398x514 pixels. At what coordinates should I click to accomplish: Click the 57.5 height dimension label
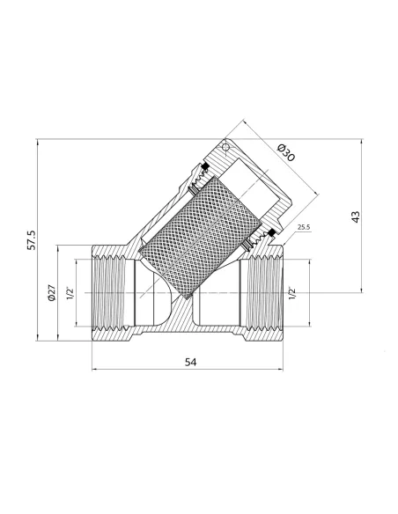pos(32,240)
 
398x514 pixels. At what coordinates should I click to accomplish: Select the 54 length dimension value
pos(191,363)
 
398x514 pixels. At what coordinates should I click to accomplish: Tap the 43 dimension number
pos(356,217)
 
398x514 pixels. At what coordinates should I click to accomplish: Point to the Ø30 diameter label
pos(286,152)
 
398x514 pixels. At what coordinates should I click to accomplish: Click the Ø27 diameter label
pos(52,293)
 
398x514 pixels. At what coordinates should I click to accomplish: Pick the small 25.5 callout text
pos(304,227)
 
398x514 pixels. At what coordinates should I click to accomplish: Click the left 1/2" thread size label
pos(70,293)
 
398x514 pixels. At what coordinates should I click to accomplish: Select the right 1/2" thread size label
pos(291,293)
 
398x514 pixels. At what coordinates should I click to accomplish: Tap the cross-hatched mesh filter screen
pos(200,238)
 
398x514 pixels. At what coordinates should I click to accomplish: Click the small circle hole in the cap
pos(225,148)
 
